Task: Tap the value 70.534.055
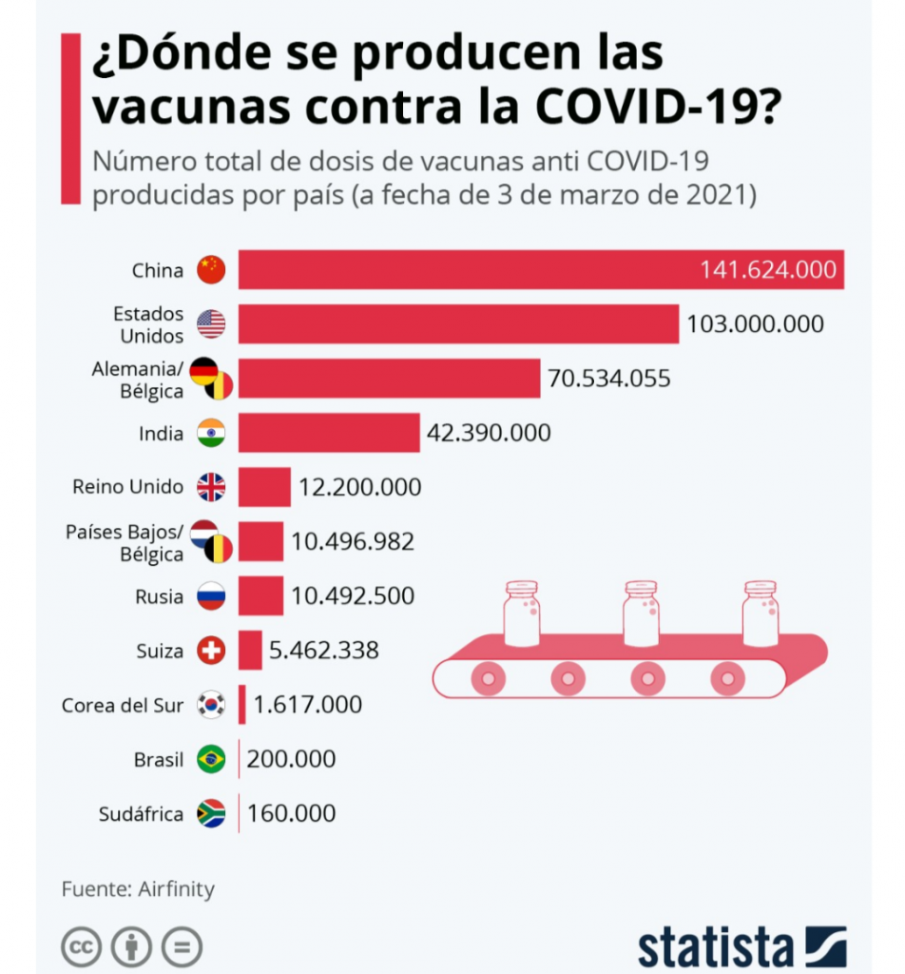(x=608, y=379)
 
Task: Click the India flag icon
(x=211, y=434)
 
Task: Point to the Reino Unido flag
(x=211, y=488)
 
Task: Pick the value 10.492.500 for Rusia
(x=353, y=596)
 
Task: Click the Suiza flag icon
(x=211, y=651)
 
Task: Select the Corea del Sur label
(x=123, y=706)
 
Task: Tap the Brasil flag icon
(x=211, y=760)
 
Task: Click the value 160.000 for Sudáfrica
(x=291, y=814)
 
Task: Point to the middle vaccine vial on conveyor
(x=640, y=613)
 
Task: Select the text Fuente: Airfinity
(x=139, y=890)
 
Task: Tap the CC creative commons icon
(x=82, y=947)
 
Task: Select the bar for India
(x=329, y=434)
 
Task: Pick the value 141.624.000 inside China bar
(x=768, y=270)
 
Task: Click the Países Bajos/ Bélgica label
(x=124, y=542)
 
